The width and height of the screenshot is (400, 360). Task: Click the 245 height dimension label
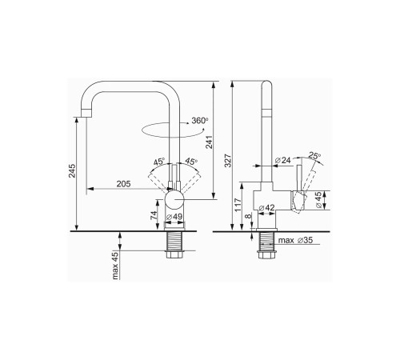coord(72,171)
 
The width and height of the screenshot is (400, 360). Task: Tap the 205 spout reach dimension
coord(123,184)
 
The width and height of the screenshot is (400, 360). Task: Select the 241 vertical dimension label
coord(209,142)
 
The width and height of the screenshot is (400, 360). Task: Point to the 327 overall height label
coord(228,161)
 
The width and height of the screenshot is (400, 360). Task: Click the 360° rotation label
coord(199,121)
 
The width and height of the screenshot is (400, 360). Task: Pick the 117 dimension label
coord(238,205)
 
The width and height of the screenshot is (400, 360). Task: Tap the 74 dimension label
coord(154,215)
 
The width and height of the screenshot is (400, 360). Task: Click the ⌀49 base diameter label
coord(174,217)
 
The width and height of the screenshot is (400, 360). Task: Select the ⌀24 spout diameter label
coord(282,160)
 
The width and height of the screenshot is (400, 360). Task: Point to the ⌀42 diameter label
coord(266,207)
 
